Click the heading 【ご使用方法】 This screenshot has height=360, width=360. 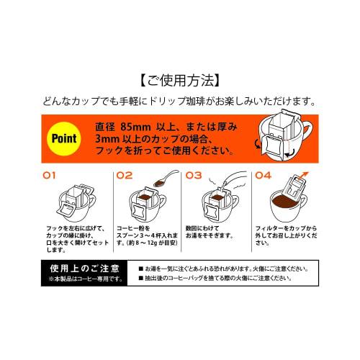[x=179, y=78]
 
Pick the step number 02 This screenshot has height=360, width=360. [x=125, y=175]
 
